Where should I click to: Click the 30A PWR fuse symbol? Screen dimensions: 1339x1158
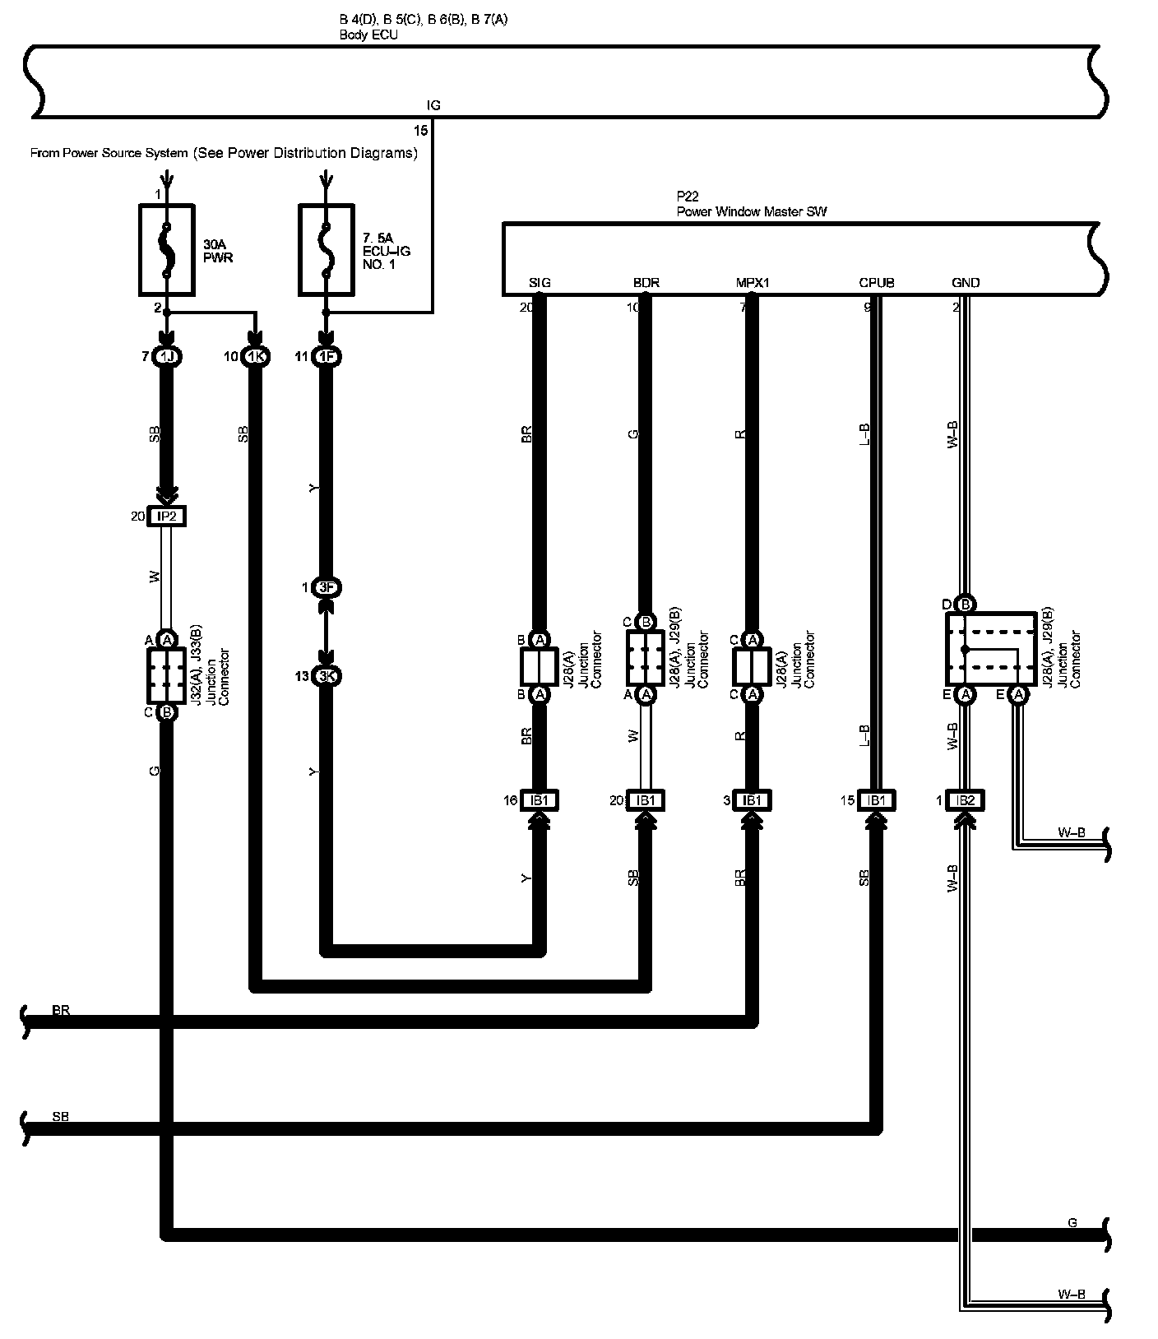tap(167, 248)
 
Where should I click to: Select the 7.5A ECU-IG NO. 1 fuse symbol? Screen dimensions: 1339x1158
tap(327, 248)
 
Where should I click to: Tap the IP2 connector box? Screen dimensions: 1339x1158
tap(167, 517)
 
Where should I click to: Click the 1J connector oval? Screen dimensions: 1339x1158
tap(167, 357)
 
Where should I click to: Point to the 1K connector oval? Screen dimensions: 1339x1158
tap(257, 357)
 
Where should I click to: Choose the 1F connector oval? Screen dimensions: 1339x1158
tap(327, 357)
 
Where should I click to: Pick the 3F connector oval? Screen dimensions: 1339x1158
tap(327, 588)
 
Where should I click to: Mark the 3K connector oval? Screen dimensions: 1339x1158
tap(327, 676)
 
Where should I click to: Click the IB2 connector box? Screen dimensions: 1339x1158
tap(966, 800)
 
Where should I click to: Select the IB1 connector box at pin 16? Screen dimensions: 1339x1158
tap(540, 800)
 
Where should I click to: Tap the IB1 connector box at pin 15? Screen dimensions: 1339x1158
tap(877, 800)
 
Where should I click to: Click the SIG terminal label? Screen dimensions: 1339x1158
tap(540, 283)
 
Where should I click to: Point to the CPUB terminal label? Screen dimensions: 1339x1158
tap(877, 283)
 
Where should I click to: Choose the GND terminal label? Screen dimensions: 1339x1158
tap(966, 283)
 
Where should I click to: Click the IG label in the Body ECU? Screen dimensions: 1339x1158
tap(433, 105)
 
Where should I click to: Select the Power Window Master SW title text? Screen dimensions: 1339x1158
tap(751, 211)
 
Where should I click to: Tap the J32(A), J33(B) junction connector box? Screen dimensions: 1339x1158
tap(167, 675)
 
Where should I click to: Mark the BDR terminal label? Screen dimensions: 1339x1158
tap(646, 283)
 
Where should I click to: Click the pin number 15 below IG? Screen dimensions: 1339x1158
tap(420, 131)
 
